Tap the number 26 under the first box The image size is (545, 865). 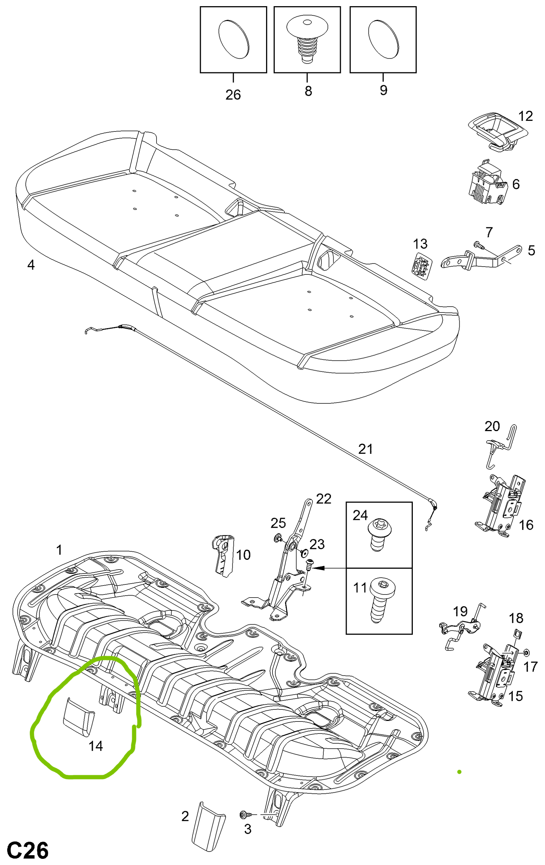pyautogui.click(x=233, y=95)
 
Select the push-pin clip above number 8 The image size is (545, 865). pyautogui.click(x=307, y=40)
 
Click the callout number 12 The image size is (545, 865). pyautogui.click(x=525, y=116)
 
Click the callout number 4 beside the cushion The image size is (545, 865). pyautogui.click(x=31, y=265)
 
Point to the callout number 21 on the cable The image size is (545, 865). pyautogui.click(x=365, y=449)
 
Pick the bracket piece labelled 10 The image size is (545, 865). pyautogui.click(x=223, y=555)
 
